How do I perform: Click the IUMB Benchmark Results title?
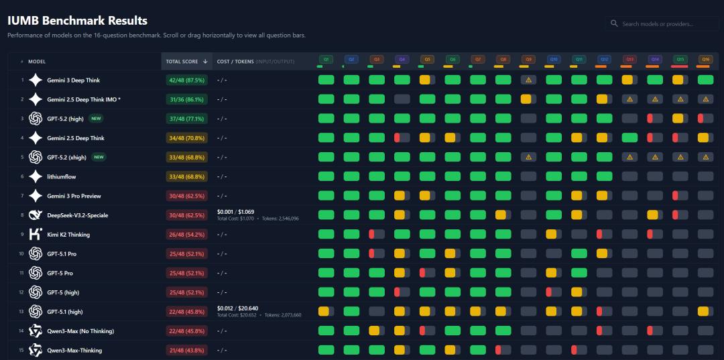pos(78,21)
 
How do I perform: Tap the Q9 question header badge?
pos(528,59)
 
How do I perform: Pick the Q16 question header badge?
pos(705,59)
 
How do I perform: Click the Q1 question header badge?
pos(326,59)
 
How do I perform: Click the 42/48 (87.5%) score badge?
pos(186,80)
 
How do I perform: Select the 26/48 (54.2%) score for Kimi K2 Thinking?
pos(186,235)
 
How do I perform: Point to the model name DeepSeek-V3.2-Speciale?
pos(77,215)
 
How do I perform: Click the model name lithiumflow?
pos(61,177)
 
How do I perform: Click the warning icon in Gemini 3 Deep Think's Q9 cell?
pos(528,80)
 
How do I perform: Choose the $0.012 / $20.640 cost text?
pos(239,308)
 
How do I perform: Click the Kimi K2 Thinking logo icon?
pos(36,235)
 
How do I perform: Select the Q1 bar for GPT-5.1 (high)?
pos(326,311)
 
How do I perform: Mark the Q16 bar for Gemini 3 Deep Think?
pos(705,80)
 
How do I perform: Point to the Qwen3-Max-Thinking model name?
pos(74,350)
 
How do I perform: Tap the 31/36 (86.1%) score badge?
pos(186,99)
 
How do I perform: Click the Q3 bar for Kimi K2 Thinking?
pos(377,235)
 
